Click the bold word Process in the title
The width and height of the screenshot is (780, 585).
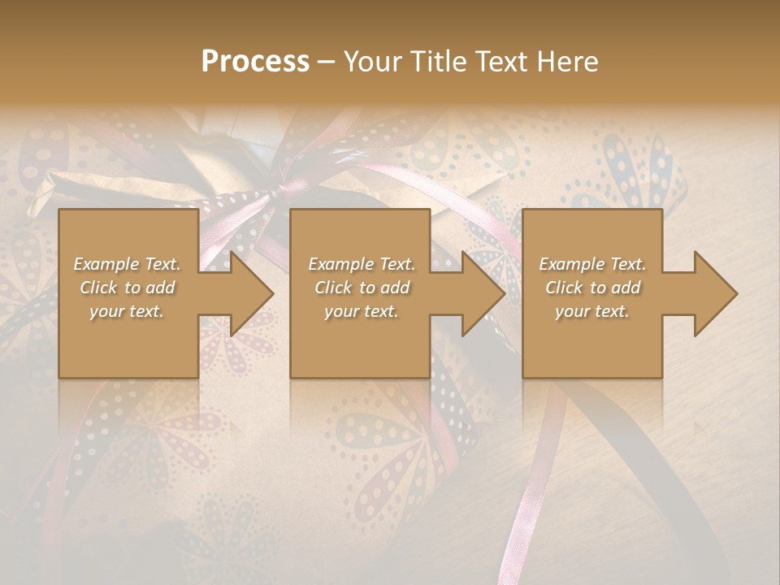click(x=255, y=62)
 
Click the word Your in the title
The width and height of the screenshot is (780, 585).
click(x=370, y=62)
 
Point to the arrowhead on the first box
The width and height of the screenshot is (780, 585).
click(x=252, y=293)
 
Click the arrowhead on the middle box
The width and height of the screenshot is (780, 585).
click(x=483, y=293)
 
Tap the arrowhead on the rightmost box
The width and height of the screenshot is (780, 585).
click(x=716, y=293)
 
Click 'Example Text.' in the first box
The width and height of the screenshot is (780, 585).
click(x=127, y=264)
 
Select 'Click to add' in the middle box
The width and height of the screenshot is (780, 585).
click(x=362, y=288)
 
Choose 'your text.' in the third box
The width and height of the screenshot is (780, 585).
click(x=592, y=311)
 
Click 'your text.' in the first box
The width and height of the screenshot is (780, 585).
click(x=127, y=311)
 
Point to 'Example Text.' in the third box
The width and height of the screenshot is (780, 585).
click(x=592, y=264)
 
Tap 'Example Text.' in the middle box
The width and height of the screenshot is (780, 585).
click(x=362, y=264)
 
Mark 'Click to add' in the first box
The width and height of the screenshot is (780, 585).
click(x=127, y=288)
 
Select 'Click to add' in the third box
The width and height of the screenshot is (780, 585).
click(x=592, y=288)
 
